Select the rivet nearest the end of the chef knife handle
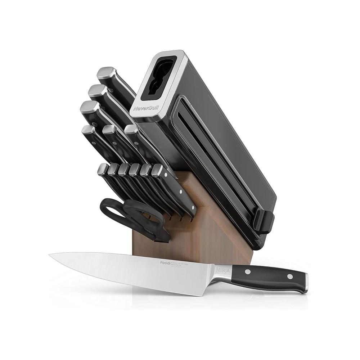(289, 276)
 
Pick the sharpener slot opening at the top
(158, 77)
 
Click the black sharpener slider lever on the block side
(264, 220)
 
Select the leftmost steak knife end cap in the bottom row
(103, 168)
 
